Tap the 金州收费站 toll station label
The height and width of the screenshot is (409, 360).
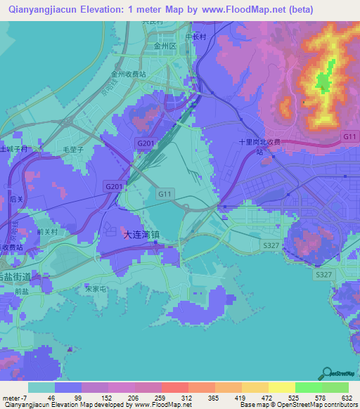click(128, 72)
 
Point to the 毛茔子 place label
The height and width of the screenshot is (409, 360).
click(74, 150)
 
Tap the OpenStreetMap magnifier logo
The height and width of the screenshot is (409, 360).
click(327, 372)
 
